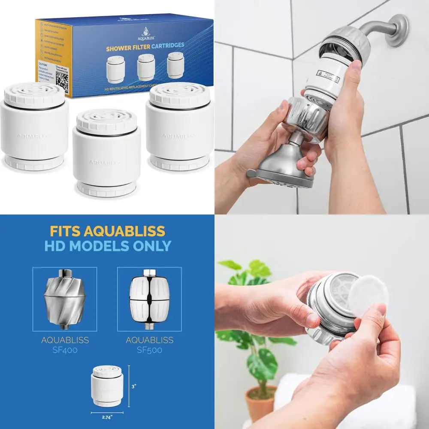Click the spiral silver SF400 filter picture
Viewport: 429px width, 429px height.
pyautogui.click(x=65, y=299)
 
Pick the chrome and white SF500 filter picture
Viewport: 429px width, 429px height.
pyautogui.click(x=149, y=299)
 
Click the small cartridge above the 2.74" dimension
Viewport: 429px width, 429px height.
pyautogui.click(x=107, y=386)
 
